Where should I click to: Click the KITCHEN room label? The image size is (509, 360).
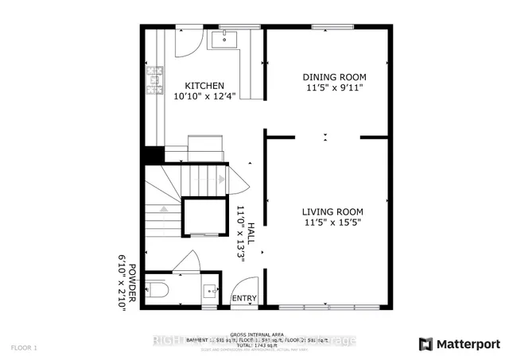205,86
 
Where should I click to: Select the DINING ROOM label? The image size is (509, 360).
333,77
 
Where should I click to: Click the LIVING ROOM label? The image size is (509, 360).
332,211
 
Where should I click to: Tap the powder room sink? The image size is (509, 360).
209,290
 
